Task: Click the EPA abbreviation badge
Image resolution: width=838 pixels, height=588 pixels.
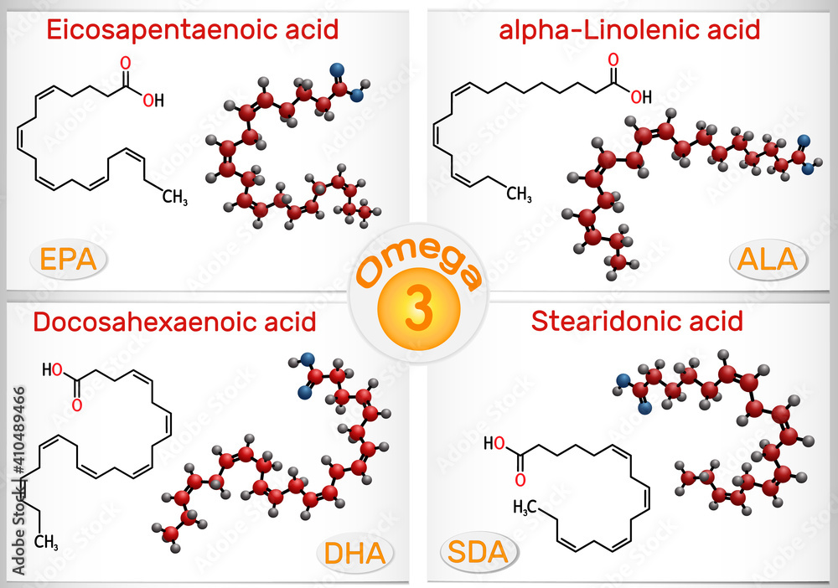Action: pos(68,260)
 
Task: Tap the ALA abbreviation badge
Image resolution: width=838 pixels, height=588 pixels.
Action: pos(768,260)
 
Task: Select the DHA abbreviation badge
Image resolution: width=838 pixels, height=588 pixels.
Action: pos(354,554)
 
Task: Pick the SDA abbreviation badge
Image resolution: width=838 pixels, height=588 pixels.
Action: pos(478,552)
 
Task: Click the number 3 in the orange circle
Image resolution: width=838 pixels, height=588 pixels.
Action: pos(418,310)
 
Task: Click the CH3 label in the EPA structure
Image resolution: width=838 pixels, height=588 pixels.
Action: pos(175,198)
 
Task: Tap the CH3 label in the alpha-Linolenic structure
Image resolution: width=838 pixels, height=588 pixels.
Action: pos(519,193)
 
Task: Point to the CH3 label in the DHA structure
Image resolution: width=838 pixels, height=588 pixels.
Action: pos(46,543)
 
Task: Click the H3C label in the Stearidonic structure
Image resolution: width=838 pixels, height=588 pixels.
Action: pos(525,508)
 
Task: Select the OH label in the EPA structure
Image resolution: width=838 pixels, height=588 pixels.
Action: pos(153,100)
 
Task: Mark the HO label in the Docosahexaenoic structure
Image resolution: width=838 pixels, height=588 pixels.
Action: pos(52,369)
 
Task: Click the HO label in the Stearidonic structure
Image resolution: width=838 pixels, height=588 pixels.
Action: pos(494,443)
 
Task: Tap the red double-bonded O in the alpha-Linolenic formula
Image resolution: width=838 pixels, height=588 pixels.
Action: pos(613,59)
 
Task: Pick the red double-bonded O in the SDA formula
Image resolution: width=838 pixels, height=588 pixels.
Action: pos(520,480)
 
